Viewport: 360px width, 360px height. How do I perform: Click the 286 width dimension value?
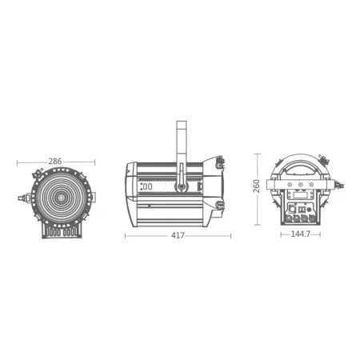point(55,161)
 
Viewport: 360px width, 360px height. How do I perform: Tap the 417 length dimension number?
point(178,236)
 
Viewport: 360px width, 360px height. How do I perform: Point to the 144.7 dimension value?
point(300,235)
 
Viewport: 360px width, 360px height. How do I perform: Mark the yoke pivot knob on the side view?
point(182,187)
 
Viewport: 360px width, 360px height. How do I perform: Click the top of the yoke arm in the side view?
point(181,122)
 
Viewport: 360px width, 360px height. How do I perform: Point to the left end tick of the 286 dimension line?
point(18,162)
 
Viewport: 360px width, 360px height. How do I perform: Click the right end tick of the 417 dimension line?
point(230,237)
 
